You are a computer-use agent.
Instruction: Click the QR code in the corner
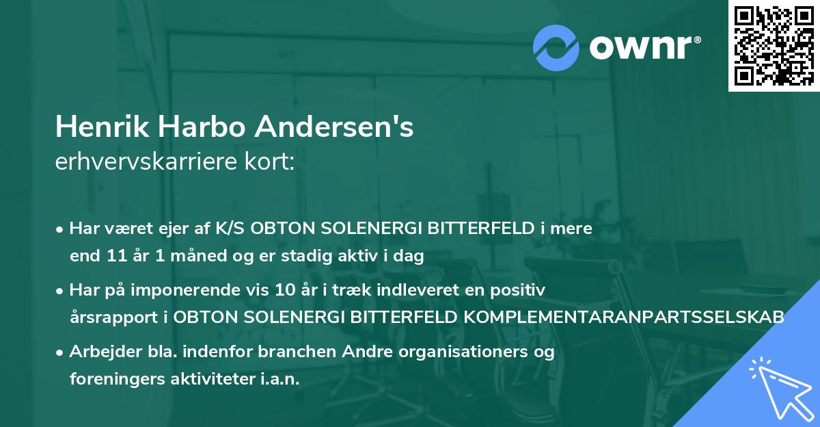tap(774, 46)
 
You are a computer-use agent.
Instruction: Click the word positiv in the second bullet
tap(521, 290)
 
